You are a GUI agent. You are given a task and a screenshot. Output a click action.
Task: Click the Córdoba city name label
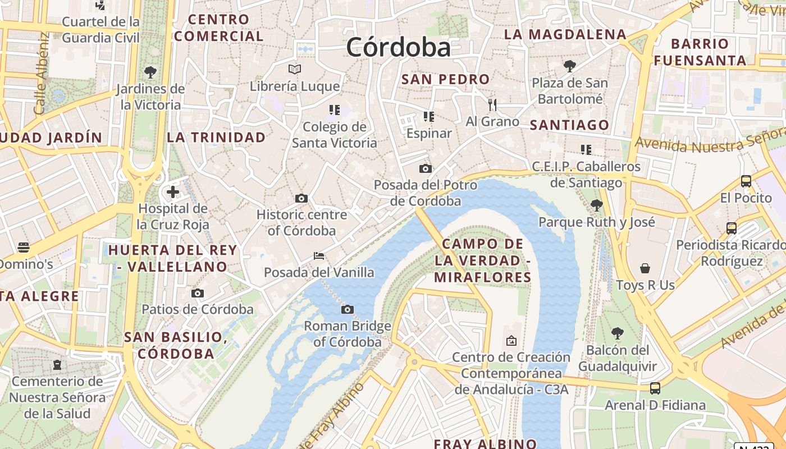click(398, 47)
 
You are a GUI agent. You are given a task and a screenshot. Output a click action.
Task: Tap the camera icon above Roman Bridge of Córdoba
click(348, 309)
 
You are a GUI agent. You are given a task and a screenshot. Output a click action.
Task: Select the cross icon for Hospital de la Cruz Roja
click(173, 192)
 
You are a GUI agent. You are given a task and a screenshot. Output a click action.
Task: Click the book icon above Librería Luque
click(295, 69)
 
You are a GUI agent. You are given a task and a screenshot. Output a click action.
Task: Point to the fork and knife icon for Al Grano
click(492, 104)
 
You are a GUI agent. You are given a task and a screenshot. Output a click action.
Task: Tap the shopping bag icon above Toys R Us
click(645, 268)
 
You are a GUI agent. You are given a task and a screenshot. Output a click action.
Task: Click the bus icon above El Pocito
click(746, 181)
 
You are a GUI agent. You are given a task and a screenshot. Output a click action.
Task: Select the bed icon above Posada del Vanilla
click(319, 256)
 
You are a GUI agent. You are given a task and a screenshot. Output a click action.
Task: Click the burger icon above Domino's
click(23, 247)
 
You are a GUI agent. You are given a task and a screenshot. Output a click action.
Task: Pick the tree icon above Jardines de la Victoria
click(150, 72)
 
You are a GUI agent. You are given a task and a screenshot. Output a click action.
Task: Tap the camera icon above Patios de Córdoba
click(197, 293)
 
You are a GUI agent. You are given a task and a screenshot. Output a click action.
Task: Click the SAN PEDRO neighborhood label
click(445, 79)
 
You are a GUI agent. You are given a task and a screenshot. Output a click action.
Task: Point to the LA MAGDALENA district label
click(565, 34)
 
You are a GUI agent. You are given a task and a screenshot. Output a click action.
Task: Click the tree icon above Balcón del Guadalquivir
click(618, 333)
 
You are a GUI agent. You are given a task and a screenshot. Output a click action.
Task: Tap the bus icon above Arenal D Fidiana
click(655, 388)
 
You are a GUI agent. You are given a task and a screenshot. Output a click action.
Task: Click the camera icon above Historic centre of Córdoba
click(301, 198)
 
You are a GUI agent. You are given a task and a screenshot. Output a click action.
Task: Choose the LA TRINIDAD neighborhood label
click(216, 138)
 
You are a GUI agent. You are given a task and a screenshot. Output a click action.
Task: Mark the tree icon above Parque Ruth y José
click(597, 205)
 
